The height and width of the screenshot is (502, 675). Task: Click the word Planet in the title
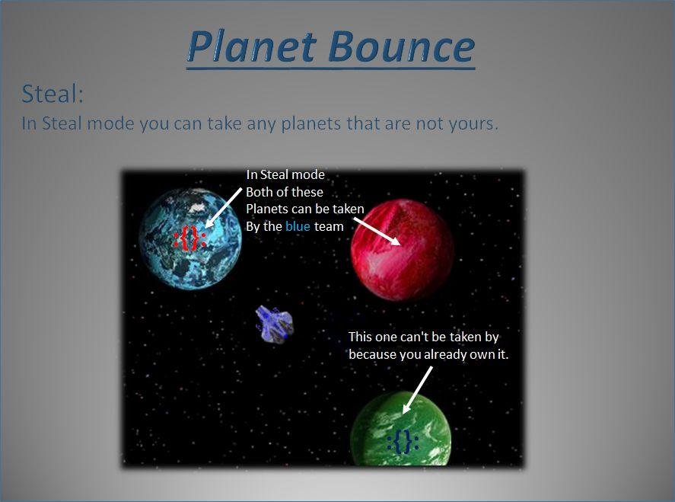[252, 46]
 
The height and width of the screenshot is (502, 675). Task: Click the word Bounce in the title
[401, 46]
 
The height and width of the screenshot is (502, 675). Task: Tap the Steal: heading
[52, 94]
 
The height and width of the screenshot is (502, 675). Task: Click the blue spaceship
[274, 324]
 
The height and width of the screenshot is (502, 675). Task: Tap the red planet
[402, 250]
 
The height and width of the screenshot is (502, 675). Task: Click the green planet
[401, 429]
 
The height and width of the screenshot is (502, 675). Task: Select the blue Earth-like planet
[190, 238]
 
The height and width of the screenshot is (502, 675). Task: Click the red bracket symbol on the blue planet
[189, 238]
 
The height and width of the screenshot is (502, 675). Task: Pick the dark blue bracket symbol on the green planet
[403, 442]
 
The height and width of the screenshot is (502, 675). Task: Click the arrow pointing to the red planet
[377, 232]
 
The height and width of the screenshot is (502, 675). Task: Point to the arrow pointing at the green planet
[417, 390]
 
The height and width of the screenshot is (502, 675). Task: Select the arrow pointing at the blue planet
[224, 207]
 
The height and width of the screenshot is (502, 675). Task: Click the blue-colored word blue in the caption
[298, 226]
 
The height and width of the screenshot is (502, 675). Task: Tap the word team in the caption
[329, 227]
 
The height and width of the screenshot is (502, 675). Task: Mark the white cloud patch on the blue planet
[197, 208]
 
